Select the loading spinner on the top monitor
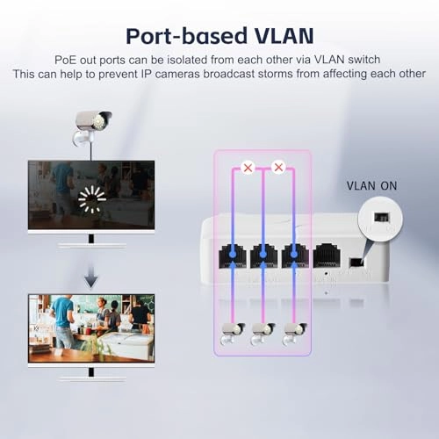pos(91,199)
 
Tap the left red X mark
pos(248,166)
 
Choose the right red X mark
pos(278,166)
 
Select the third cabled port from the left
pos(294,255)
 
